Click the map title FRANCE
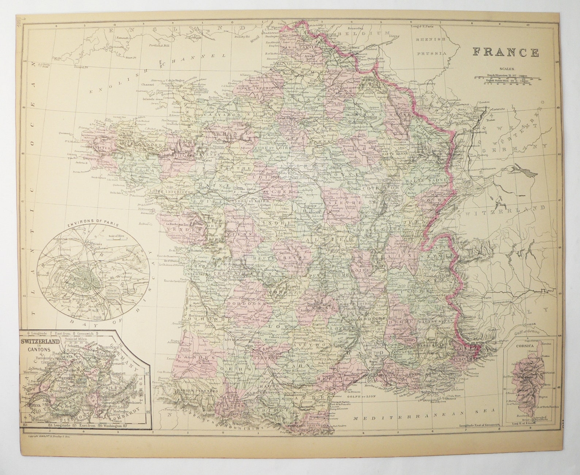click(506, 52)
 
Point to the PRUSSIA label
click(433, 53)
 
